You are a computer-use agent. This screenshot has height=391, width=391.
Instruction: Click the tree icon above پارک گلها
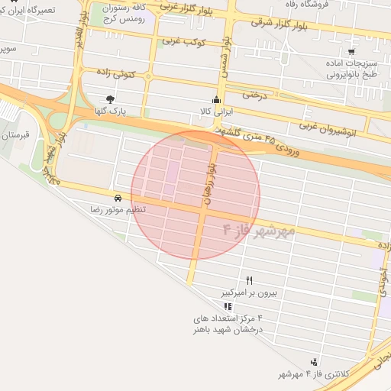pyautogui.click(x=111, y=99)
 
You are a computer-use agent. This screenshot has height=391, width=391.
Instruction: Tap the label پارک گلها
pyautogui.click(x=111, y=111)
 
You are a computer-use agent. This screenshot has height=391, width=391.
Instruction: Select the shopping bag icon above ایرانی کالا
pyautogui.click(x=216, y=99)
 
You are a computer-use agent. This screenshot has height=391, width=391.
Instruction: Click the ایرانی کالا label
pyautogui.click(x=216, y=111)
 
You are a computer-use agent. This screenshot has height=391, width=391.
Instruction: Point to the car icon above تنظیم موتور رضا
pyautogui.click(x=116, y=197)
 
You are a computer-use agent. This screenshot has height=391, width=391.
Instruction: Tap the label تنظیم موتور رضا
pyautogui.click(x=118, y=209)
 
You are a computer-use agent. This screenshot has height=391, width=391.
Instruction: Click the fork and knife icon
pyautogui.click(x=249, y=281)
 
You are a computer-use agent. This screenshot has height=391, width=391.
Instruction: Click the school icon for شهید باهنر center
pyautogui.click(x=228, y=306)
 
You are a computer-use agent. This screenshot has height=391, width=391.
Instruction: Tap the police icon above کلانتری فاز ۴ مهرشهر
pyautogui.click(x=314, y=362)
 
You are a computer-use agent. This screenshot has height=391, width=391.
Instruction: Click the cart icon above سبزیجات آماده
pyautogui.click(x=351, y=52)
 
